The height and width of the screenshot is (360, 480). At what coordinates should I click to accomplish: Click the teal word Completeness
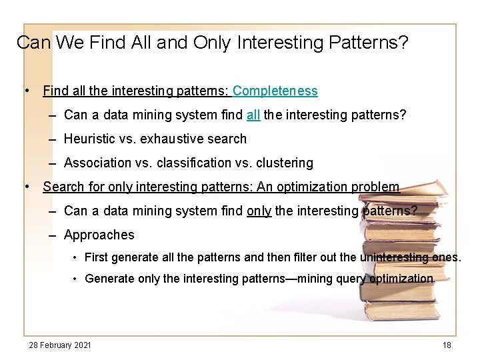click(275, 91)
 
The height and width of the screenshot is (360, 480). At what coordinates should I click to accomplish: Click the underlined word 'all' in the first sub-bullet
click(253, 115)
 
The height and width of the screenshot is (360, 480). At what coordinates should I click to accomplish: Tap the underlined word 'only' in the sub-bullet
click(259, 211)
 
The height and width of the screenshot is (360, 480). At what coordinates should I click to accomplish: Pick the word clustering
click(283, 163)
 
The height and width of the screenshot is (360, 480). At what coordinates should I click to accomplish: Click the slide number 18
click(447, 345)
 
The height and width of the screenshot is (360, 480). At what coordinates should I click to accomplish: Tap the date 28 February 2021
click(60, 345)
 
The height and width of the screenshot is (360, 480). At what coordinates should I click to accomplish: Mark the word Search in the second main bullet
click(63, 187)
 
